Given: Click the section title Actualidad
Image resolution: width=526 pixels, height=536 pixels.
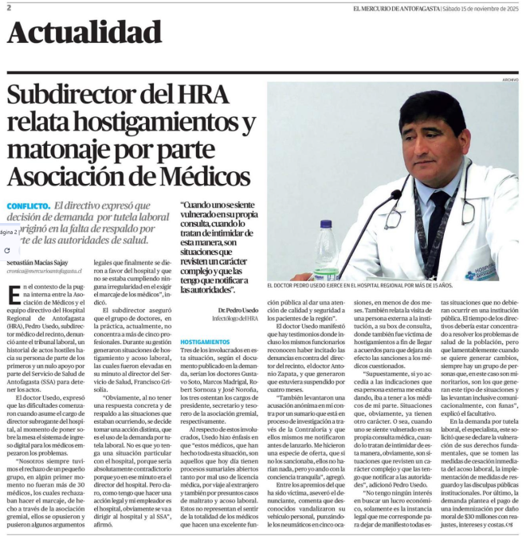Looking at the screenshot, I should click(77, 31).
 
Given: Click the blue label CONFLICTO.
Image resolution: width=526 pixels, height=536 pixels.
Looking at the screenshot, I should click(28, 205).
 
